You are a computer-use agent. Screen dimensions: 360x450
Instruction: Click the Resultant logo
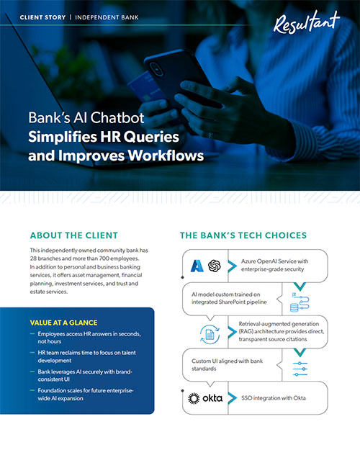[306, 22]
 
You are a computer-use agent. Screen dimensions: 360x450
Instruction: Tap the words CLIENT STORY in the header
[42, 17]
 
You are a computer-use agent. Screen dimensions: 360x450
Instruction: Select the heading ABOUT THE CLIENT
[74, 235]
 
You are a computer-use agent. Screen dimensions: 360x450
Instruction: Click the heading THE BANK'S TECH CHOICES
[243, 235]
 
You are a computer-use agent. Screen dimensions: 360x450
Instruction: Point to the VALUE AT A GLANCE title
[63, 323]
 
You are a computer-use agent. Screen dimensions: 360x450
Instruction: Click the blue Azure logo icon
[197, 266]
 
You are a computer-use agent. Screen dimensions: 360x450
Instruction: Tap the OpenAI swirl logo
[215, 266]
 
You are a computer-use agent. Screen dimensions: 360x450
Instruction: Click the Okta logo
[205, 398]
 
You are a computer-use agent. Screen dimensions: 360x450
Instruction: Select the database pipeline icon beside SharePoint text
[300, 302]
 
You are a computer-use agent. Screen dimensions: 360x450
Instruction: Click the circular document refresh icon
[210, 334]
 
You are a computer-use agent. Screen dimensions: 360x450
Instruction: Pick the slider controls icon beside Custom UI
[300, 369]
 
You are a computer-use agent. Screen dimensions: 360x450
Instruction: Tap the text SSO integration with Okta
[274, 398]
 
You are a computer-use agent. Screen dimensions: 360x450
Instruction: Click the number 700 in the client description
[104, 258]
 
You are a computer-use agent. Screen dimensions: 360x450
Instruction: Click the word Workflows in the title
[166, 156]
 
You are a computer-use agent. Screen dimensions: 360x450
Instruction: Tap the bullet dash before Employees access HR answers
[32, 334]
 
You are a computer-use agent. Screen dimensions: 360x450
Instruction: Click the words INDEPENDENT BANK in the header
[107, 17]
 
